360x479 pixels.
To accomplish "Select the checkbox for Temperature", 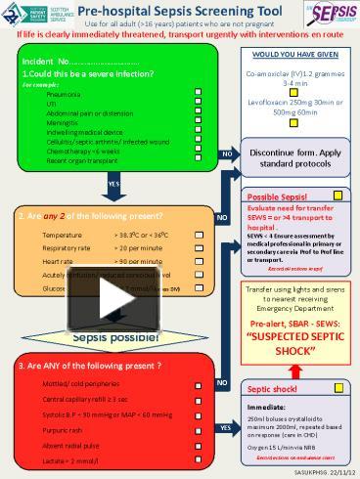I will point(200,235).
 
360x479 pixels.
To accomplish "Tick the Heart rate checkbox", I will point(200,262).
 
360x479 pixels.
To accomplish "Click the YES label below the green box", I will point(113,184).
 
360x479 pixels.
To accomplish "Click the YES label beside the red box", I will point(226,427).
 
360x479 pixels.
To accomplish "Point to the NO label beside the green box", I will point(226,154).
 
